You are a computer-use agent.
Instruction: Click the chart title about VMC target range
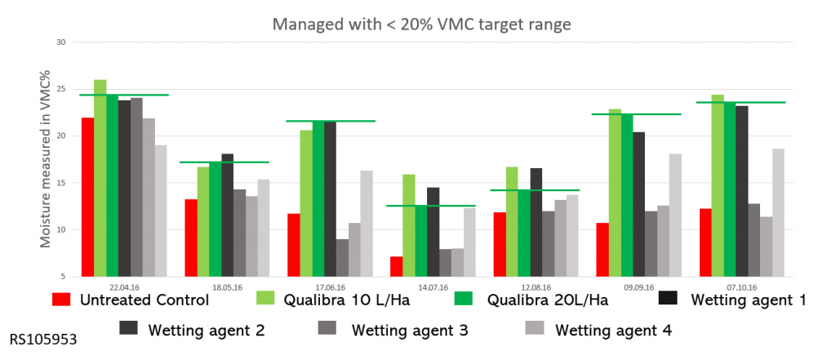[421, 24]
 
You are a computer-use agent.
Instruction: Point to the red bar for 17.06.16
[293, 246]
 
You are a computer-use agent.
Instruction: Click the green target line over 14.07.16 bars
[429, 206]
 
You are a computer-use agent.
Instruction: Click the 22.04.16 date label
[121, 287]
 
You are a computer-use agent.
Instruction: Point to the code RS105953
[44, 338]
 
